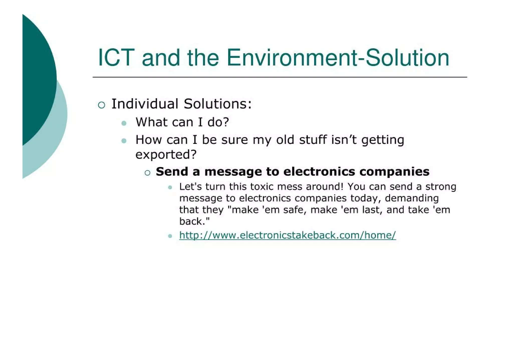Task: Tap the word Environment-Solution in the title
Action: pos(338,58)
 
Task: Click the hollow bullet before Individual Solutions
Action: pos(101,105)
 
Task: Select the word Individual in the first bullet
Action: pos(145,104)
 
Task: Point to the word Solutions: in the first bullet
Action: pos(217,104)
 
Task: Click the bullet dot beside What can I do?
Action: pos(124,123)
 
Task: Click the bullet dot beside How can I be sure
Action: pos(124,141)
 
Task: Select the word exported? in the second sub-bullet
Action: pos(166,154)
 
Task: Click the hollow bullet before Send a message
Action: pos(148,173)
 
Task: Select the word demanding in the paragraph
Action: pos(412,198)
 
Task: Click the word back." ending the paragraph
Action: pos(194,221)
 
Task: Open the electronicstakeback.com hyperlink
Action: pos(288,235)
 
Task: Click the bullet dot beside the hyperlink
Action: pos(170,236)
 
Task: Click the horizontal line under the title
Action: pos(280,77)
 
